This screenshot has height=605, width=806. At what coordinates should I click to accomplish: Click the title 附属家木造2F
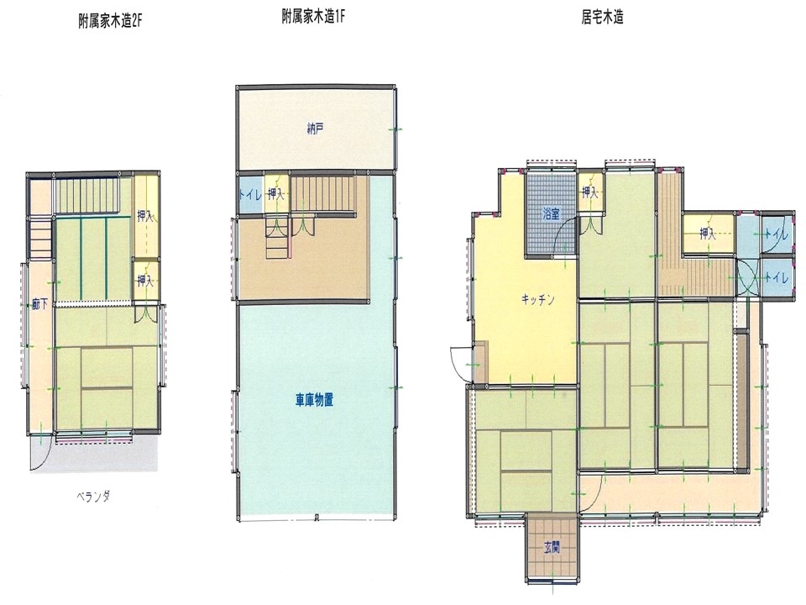pos(109,22)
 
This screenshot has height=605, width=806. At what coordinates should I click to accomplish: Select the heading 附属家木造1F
pos(313,17)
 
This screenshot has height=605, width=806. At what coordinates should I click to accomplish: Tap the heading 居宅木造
pos(603,18)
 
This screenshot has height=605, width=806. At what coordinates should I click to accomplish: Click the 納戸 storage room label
pos(315,129)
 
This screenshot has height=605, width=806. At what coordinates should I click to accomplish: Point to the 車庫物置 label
pos(314,399)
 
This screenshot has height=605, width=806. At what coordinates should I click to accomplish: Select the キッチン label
pos(537,299)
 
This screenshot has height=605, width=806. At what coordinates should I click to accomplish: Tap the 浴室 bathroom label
pos(551,214)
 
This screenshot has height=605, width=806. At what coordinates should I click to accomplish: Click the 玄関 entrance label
pos(552,548)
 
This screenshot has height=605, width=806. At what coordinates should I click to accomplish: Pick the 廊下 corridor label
pos(39,304)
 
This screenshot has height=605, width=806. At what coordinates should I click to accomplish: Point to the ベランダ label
pos(93,497)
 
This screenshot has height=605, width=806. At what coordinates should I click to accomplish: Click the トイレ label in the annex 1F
pos(250,195)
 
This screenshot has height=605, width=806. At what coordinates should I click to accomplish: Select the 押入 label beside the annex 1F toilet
pos(276,194)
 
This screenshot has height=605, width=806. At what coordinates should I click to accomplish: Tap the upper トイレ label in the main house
pos(776,234)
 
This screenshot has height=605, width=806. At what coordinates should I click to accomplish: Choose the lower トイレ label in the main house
pos(776,278)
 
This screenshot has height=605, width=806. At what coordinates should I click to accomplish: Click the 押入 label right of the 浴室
pos(589,193)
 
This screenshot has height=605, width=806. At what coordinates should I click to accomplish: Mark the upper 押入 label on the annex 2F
pos(145,217)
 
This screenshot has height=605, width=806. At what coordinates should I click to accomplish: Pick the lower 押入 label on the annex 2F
pos(145,281)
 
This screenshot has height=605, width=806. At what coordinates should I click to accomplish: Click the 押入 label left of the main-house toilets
pos(708,234)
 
